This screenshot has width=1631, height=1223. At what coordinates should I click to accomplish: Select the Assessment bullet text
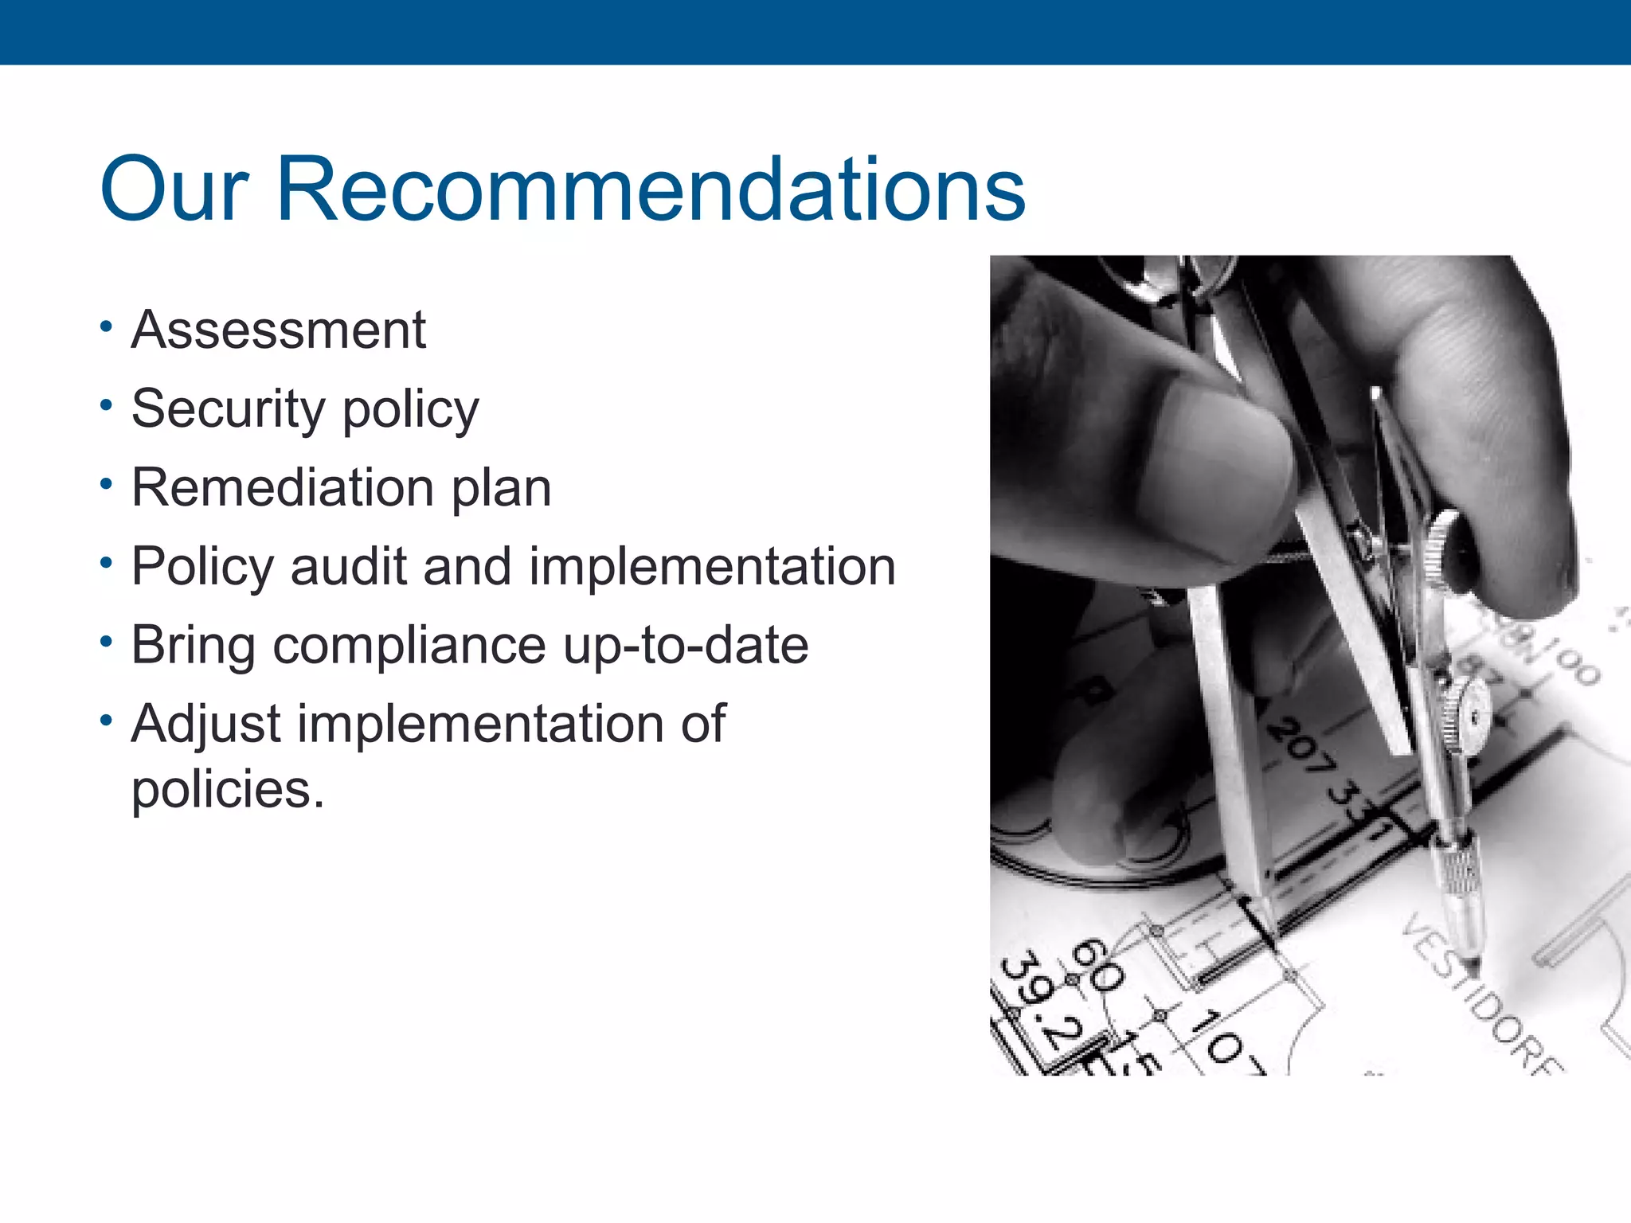[x=279, y=330]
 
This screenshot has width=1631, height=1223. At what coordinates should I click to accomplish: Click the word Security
[x=228, y=409]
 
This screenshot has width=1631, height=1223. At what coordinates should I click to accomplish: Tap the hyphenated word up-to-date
[x=686, y=644]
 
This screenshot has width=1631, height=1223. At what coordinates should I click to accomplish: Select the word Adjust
[x=206, y=725]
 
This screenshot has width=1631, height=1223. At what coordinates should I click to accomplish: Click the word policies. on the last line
[x=228, y=790]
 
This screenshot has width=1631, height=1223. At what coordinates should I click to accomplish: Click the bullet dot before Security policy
[x=107, y=405]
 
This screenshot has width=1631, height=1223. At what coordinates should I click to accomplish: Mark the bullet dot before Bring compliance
[x=107, y=641]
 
